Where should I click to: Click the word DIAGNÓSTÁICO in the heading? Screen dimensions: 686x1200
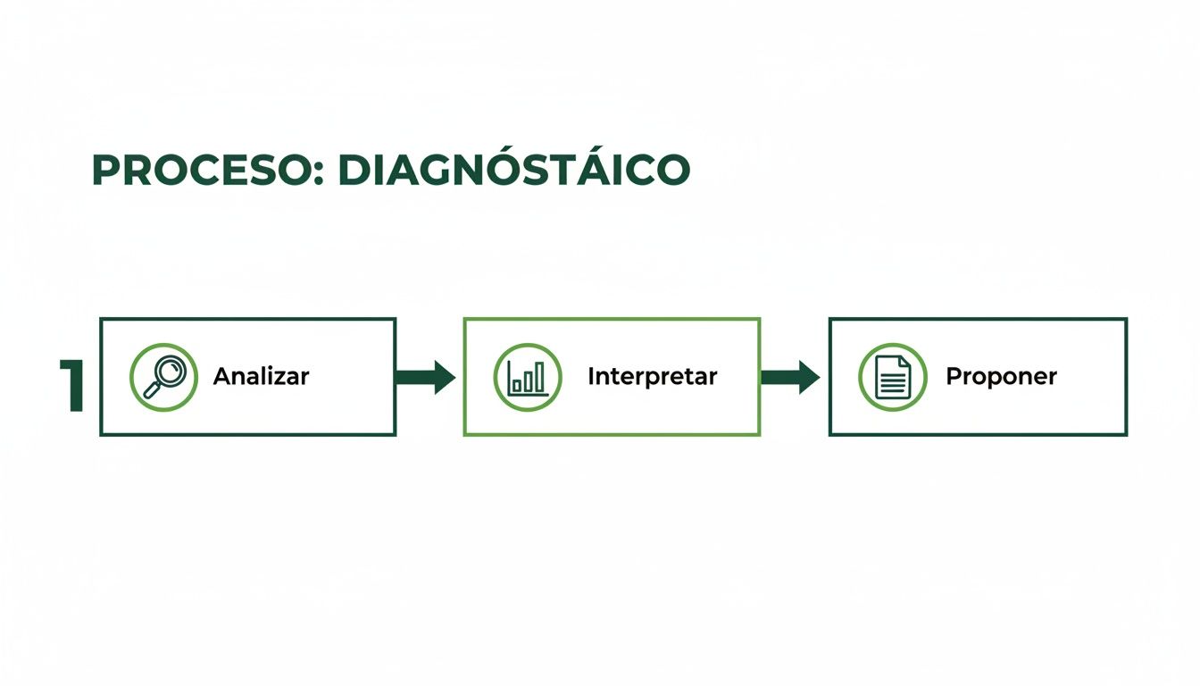514,170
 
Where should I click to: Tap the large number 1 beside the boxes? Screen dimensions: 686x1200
73,386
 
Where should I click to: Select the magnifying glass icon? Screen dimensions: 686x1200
163,377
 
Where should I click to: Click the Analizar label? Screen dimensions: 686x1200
261,376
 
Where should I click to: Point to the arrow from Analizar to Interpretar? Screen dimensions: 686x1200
425,377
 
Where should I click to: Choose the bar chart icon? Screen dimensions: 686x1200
528,377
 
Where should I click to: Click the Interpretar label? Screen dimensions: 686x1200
652,377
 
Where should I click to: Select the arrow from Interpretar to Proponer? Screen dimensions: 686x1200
790,377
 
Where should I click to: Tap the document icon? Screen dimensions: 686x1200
893,377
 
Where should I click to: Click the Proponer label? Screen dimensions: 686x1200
1001,377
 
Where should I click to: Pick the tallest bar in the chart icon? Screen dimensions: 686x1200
540,378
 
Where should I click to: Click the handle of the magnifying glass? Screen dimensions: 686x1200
153,389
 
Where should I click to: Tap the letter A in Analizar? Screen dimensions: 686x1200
221,376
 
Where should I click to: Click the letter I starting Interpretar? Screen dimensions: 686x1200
591,376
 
